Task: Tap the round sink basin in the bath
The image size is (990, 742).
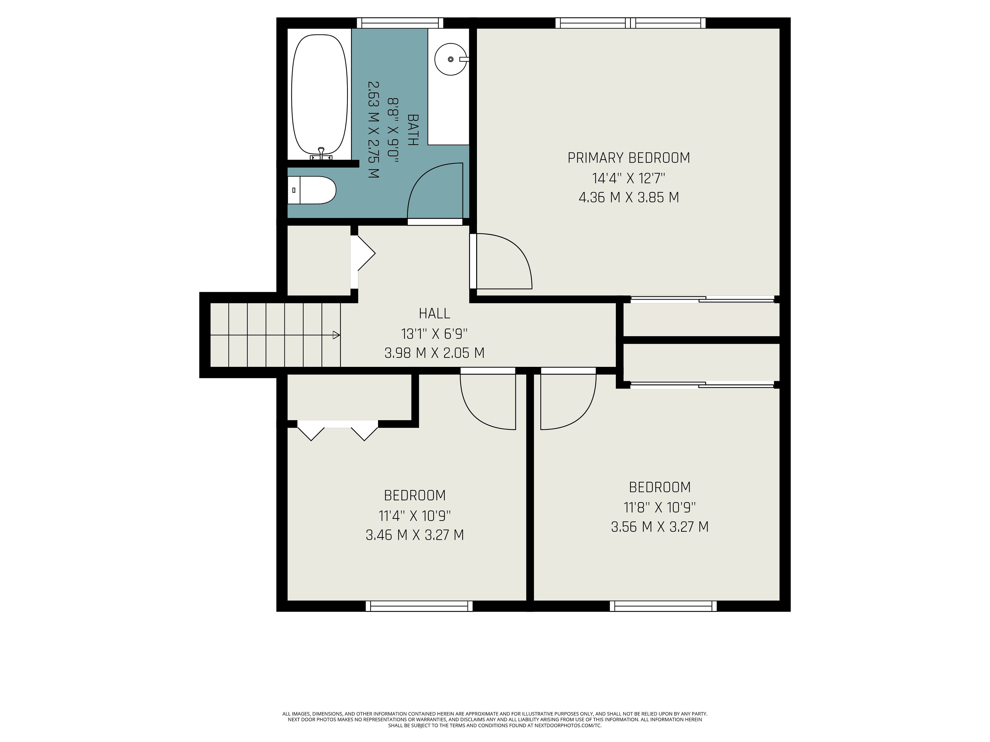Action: click(451, 59)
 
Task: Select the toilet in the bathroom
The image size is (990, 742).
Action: click(311, 190)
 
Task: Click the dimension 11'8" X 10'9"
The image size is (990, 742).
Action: click(660, 508)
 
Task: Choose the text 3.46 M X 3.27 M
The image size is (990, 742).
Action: click(415, 535)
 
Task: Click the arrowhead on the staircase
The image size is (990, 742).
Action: click(336, 335)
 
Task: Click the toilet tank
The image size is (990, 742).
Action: click(294, 190)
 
